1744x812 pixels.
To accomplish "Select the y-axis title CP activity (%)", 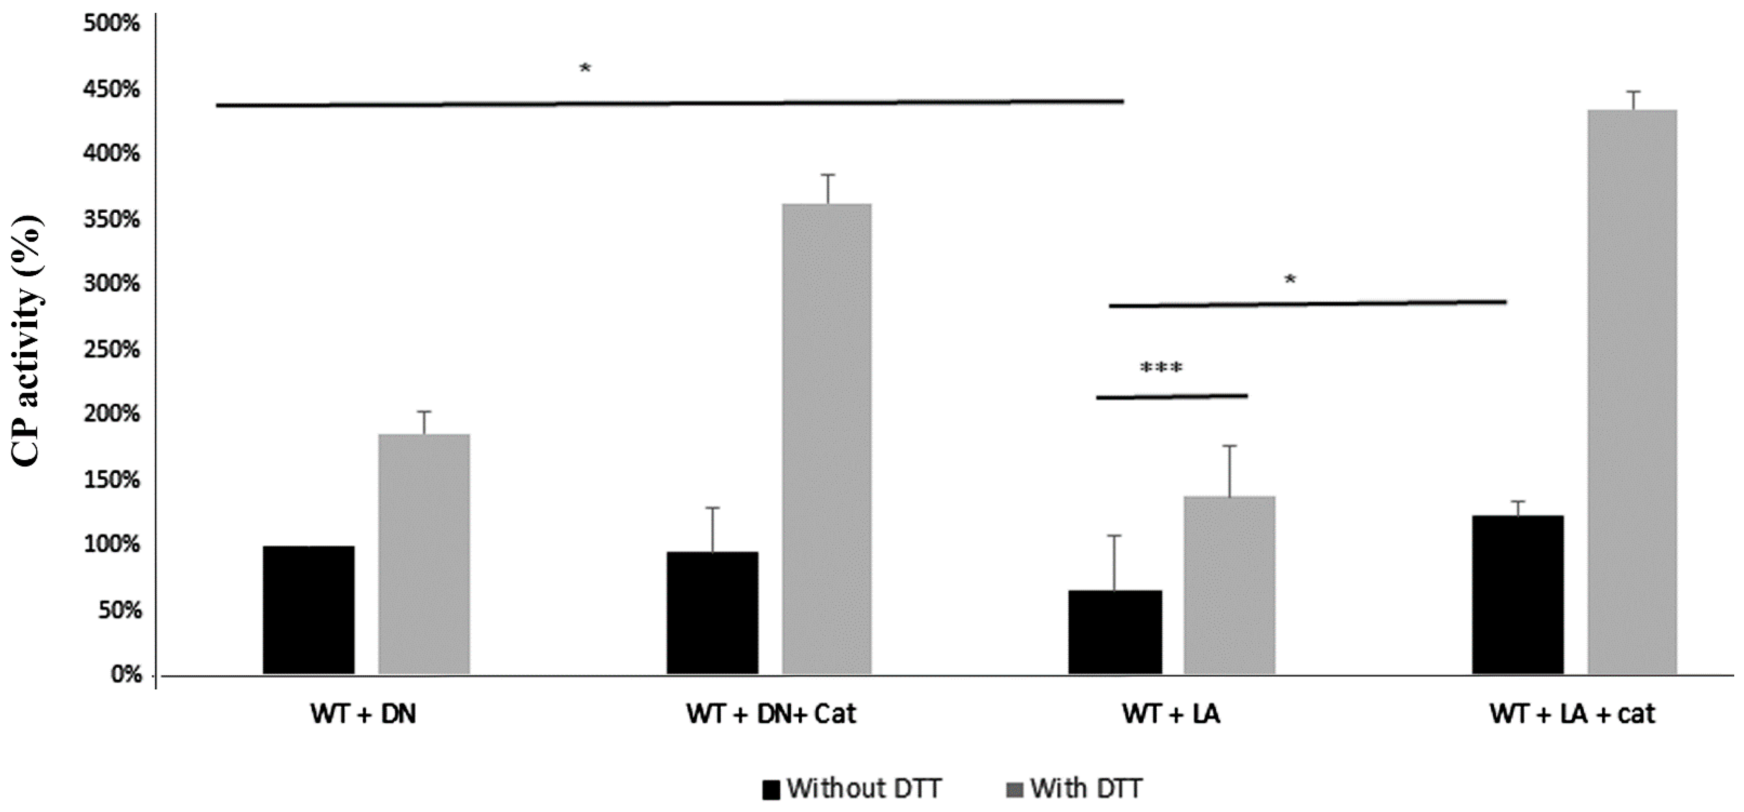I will [27, 340].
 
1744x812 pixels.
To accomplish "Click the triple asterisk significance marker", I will [1161, 369].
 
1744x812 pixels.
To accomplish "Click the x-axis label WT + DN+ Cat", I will [771, 714].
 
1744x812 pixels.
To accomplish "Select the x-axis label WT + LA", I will [1171, 714].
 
